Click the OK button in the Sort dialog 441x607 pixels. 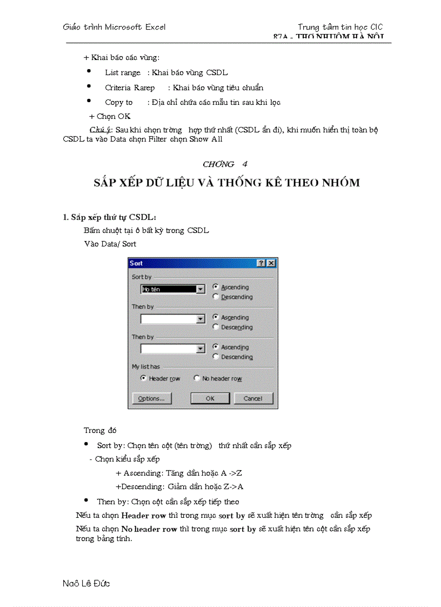pyautogui.click(x=210, y=398)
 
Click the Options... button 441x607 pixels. pyautogui.click(x=151, y=398)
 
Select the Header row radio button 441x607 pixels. pyautogui.click(x=143, y=378)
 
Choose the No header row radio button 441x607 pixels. pyautogui.click(x=197, y=378)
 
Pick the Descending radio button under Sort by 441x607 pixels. pyautogui.click(x=216, y=297)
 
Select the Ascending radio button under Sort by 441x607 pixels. pyautogui.click(x=216, y=287)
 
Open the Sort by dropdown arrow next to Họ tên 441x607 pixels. pyautogui.click(x=201, y=289)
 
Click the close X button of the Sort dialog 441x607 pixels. pyautogui.click(x=271, y=263)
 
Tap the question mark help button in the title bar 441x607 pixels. pyautogui.click(x=261, y=263)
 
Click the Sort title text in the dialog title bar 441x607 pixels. pyautogui.click(x=136, y=263)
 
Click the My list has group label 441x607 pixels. pyautogui.click(x=146, y=366)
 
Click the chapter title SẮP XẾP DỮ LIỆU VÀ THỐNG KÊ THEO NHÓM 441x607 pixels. pyautogui.click(x=226, y=183)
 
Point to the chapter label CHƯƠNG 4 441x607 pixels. pyautogui.click(x=225, y=164)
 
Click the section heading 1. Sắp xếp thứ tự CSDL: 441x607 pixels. pyautogui.click(x=110, y=217)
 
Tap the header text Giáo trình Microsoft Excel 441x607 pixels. pyautogui.click(x=114, y=27)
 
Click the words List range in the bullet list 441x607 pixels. pyautogui.click(x=123, y=72)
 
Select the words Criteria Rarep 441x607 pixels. pyautogui.click(x=130, y=88)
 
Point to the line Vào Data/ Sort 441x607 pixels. pyautogui.click(x=110, y=244)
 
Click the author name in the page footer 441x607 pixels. pyautogui.click(x=86, y=583)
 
